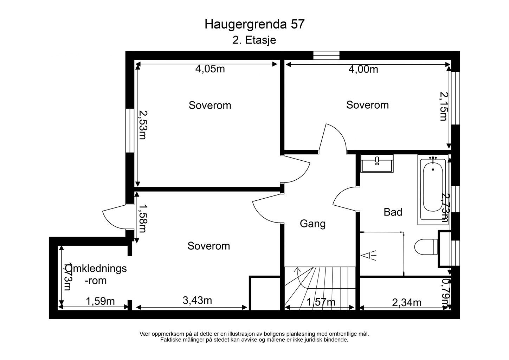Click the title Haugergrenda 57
click(254, 24)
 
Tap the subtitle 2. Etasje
click(254, 40)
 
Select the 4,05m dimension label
click(210, 69)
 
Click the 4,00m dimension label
click(363, 70)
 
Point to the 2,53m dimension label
click(142, 125)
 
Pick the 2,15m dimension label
click(444, 106)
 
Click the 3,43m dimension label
click(197, 300)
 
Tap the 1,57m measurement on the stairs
click(321, 302)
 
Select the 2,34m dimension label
click(406, 302)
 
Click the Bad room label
click(393, 212)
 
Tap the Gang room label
click(313, 224)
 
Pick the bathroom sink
click(377, 163)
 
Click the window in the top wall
click(326, 55)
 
